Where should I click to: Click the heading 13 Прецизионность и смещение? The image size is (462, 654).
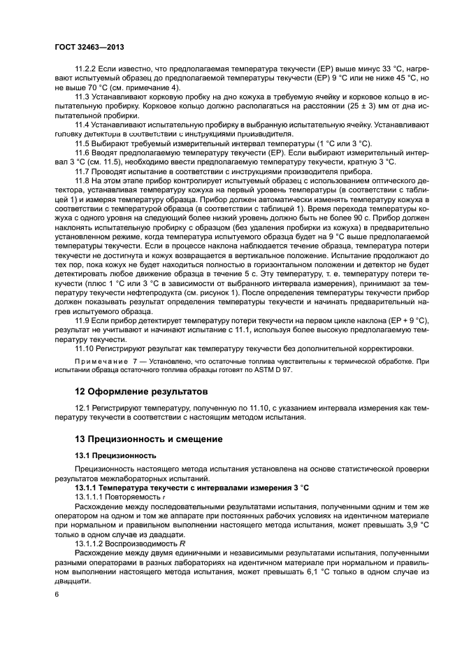point(154,439)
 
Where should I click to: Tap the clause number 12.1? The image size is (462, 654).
point(84,407)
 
